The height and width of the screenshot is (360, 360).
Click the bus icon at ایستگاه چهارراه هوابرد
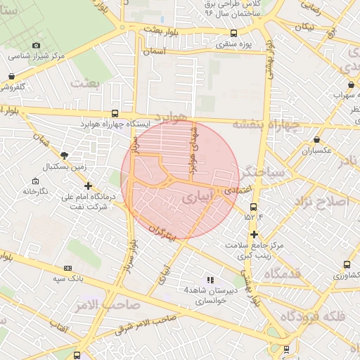pos(115,113)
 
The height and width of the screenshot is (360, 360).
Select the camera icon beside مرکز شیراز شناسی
pos(37,45)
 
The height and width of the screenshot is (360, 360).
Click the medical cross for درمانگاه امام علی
pos(87,186)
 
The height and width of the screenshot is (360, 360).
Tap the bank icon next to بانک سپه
pos(67,268)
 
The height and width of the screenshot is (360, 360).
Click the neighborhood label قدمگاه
pos(299,273)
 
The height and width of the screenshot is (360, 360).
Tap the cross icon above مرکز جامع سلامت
pos(254,234)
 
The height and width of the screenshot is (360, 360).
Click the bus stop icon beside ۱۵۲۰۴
pos(254,207)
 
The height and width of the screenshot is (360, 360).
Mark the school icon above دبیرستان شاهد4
pos(210,280)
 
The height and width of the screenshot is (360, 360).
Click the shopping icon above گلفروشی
pos(12,76)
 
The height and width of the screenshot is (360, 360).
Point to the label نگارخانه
pos(35,191)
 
